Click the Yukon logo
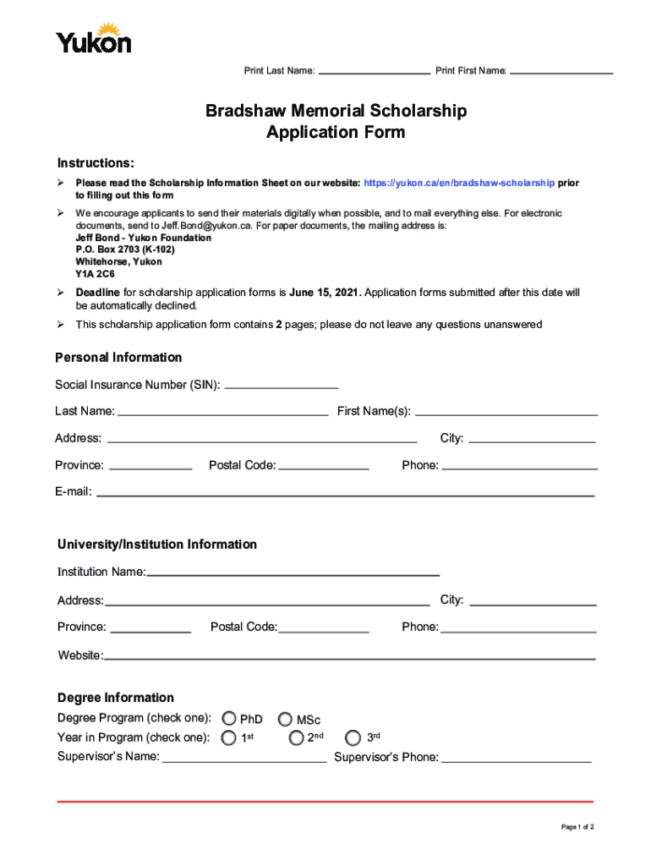[93, 39]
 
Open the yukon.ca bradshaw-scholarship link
[460, 183]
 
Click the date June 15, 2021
[325, 293]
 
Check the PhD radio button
[229, 719]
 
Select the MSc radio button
[285, 719]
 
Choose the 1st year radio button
[229, 737]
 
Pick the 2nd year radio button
[296, 737]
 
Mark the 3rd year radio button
[353, 737]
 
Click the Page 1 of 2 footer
[577, 826]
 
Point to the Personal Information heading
[118, 358]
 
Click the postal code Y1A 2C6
[95, 275]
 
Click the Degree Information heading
[116, 698]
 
